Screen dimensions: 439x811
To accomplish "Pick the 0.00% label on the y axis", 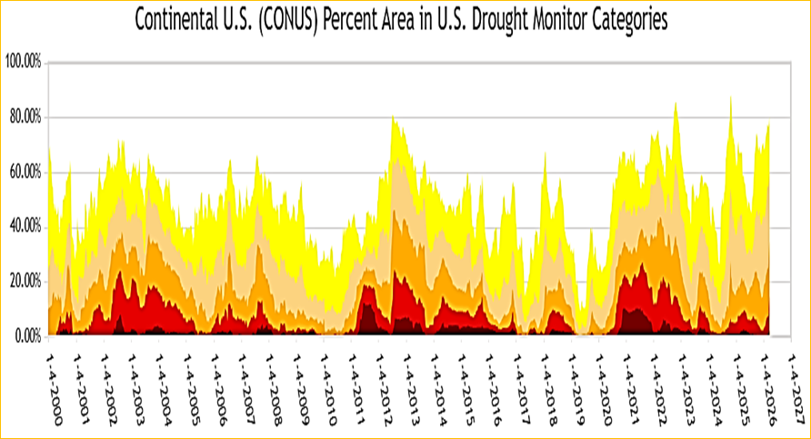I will point(27,335).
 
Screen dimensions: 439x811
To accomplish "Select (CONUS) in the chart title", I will point(291,19).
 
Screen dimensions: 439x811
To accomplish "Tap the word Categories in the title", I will point(628,19).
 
